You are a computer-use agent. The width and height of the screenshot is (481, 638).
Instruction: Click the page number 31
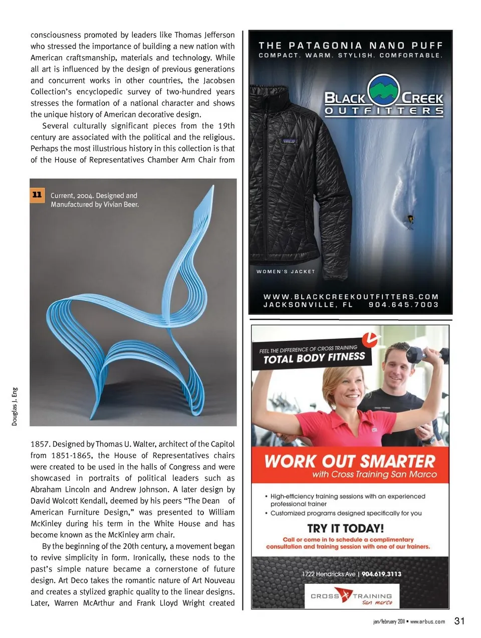click(459, 621)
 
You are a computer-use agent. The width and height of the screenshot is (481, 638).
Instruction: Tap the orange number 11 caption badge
click(37, 194)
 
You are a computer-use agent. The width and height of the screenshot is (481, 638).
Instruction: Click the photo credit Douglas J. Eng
click(15, 406)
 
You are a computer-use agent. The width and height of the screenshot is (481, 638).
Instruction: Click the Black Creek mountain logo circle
click(384, 91)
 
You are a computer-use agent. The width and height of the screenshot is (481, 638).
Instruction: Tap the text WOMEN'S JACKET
click(286, 272)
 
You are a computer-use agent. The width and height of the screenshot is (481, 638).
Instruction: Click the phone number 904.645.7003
click(403, 305)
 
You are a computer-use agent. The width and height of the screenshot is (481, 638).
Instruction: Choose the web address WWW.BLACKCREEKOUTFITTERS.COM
click(351, 297)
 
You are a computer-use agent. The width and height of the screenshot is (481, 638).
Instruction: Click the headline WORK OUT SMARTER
click(350, 461)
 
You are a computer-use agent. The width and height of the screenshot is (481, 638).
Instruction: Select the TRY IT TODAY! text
click(346, 528)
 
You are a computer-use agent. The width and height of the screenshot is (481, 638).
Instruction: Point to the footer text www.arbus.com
click(427, 621)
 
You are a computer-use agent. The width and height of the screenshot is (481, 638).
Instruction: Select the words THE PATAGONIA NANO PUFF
click(351, 46)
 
